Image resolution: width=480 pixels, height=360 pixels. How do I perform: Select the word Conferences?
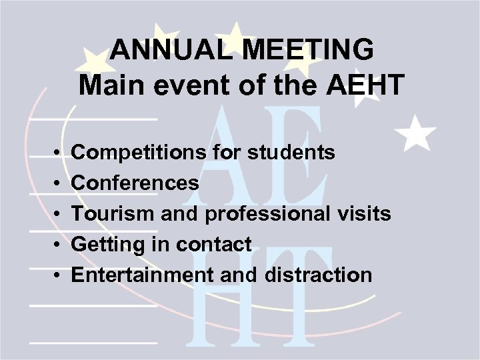click(x=135, y=183)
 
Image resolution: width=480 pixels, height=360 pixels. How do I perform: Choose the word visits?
click(x=365, y=213)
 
